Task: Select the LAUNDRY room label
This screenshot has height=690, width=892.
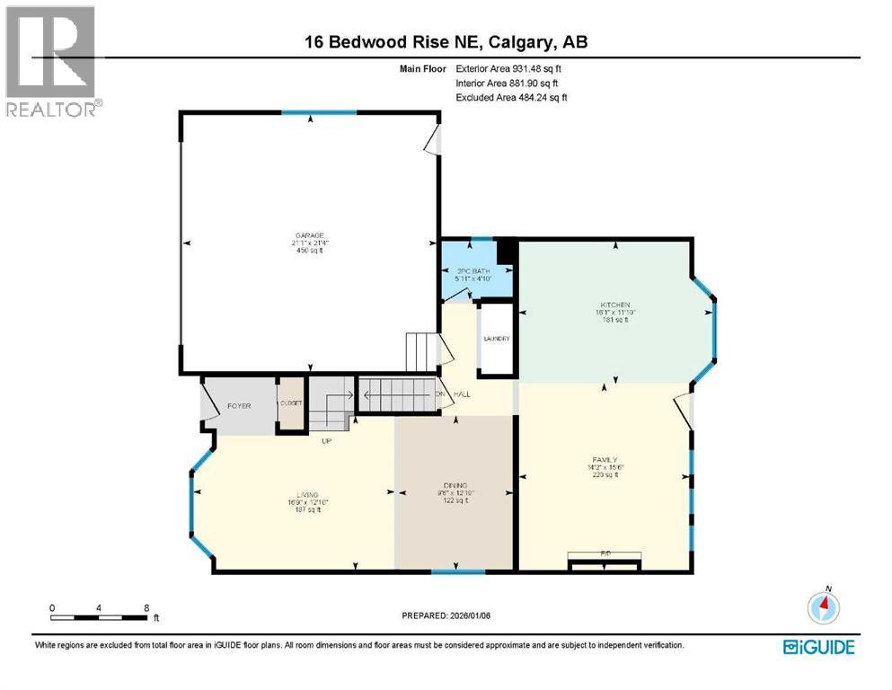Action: tap(497, 339)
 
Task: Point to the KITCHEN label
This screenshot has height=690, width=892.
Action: tap(616, 305)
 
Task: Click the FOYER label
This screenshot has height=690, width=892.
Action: tap(238, 405)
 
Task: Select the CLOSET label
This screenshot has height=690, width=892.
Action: tap(290, 404)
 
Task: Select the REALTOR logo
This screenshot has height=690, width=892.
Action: tap(52, 62)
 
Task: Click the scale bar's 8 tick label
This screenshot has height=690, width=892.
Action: tap(146, 607)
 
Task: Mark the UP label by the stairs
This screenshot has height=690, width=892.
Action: tap(328, 440)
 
